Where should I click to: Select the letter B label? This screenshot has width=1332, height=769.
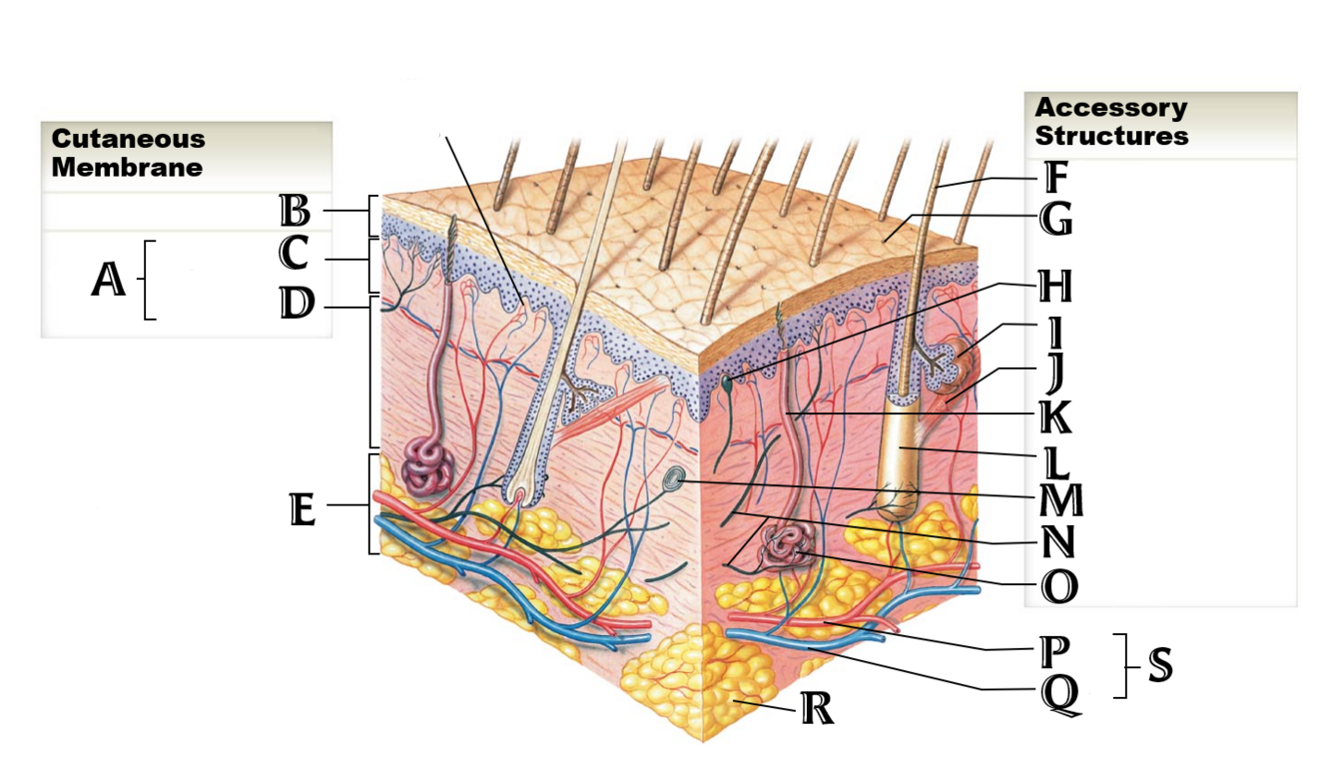click(295, 212)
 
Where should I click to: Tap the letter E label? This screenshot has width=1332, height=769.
click(302, 509)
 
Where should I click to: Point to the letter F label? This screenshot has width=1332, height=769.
click(1056, 179)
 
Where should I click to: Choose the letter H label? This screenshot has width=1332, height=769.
click(1055, 288)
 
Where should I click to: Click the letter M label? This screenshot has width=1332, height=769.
click(1060, 500)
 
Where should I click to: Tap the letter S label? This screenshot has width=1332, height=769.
click(1159, 665)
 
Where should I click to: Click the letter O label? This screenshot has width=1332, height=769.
click(1058, 586)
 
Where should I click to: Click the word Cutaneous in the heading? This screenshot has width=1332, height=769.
click(128, 139)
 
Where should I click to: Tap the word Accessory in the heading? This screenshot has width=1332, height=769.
click(1110, 108)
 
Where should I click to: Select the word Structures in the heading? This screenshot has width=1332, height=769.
click(1111, 136)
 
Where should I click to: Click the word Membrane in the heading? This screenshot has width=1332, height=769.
click(127, 167)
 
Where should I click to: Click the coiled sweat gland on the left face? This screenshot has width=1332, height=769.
click(427, 467)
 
